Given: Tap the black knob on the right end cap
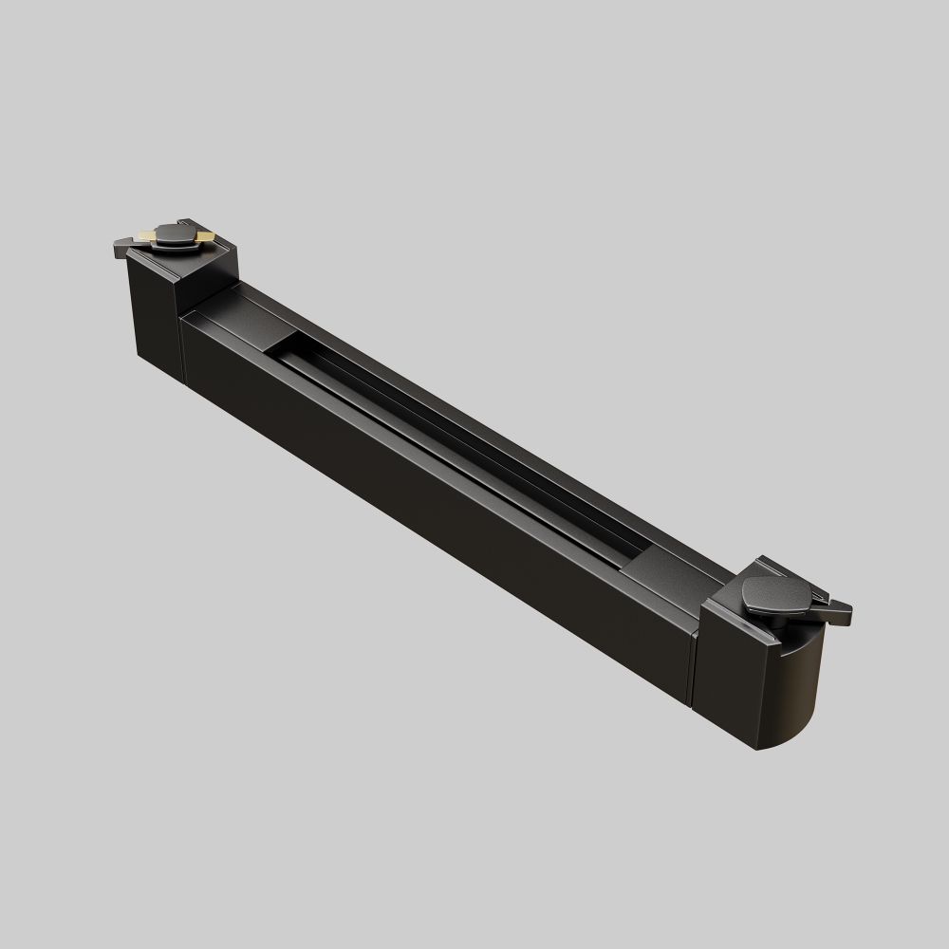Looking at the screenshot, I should click(x=777, y=595).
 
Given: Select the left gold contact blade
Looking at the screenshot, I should click(x=147, y=233).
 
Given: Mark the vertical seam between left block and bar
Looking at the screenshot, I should click(x=180, y=351).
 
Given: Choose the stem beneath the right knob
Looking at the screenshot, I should click(x=774, y=618).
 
